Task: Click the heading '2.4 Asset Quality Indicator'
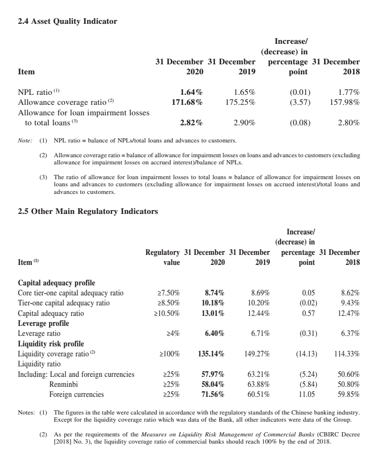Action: click(67, 21)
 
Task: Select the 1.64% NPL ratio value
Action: click(191, 92)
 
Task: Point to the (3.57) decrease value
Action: click(300, 102)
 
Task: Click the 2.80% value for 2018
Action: click(348, 122)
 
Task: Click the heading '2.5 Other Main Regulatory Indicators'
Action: click(88, 211)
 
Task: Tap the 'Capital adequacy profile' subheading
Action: click(56, 283)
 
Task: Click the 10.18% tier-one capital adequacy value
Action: click(212, 303)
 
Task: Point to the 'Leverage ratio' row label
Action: click(39, 334)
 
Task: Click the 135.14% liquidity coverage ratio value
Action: click(211, 354)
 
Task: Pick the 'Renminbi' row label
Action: click(64, 384)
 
